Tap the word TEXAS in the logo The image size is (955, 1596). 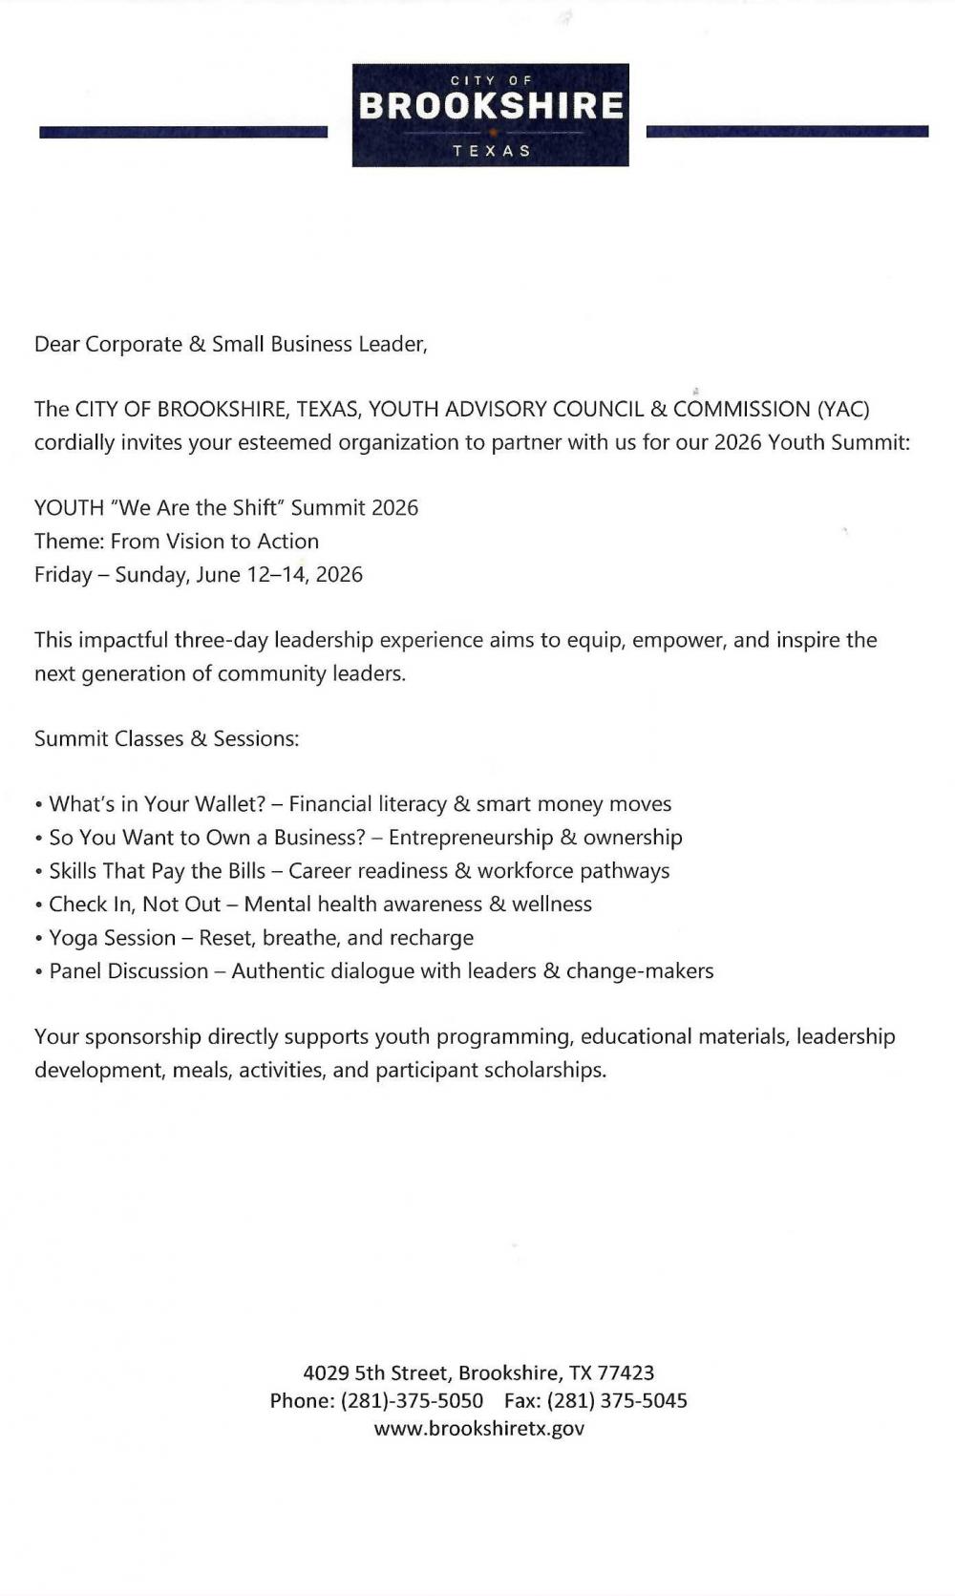point(491,151)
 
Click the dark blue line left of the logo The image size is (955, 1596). point(182,132)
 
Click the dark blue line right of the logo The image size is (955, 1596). point(787,131)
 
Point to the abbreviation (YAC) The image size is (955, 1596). point(843,409)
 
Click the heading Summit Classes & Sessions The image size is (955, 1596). point(166,738)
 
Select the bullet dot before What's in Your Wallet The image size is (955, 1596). point(39,805)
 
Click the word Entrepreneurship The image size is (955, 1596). point(470,838)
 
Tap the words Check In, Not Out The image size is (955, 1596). point(135,904)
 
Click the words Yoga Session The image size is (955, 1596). point(112,938)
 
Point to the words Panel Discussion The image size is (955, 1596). point(128,971)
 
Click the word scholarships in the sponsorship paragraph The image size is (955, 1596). point(544,1070)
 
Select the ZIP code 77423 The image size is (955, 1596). point(626,1373)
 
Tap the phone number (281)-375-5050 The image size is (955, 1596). point(412,1400)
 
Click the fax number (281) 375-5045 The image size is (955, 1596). point(617,1400)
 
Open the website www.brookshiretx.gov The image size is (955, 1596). point(478,1428)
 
